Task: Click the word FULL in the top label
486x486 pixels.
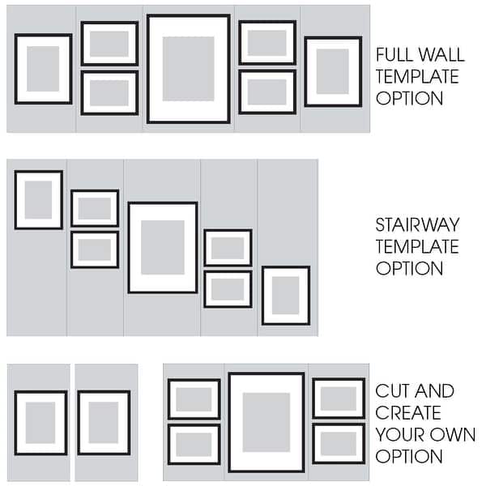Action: [392, 56]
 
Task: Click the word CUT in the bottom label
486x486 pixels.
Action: [392, 392]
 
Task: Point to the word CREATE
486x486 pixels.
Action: [404, 414]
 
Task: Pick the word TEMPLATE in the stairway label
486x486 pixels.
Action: [417, 246]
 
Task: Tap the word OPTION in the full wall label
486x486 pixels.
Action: [409, 99]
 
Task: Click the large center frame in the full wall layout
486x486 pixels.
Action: [189, 69]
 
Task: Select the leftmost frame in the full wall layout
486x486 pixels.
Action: [43, 69]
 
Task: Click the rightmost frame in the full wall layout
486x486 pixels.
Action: [333, 71]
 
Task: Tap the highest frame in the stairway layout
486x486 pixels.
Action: [38, 199]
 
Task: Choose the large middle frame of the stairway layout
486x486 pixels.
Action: [163, 247]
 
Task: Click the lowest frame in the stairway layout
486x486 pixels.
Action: [285, 296]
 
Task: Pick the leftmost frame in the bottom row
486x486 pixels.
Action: [40, 422]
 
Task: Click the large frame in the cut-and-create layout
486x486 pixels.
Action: [266, 422]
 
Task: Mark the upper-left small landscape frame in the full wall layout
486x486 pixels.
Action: [109, 43]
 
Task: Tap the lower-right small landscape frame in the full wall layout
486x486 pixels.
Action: [267, 92]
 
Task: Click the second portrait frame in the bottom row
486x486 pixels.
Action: [104, 422]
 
